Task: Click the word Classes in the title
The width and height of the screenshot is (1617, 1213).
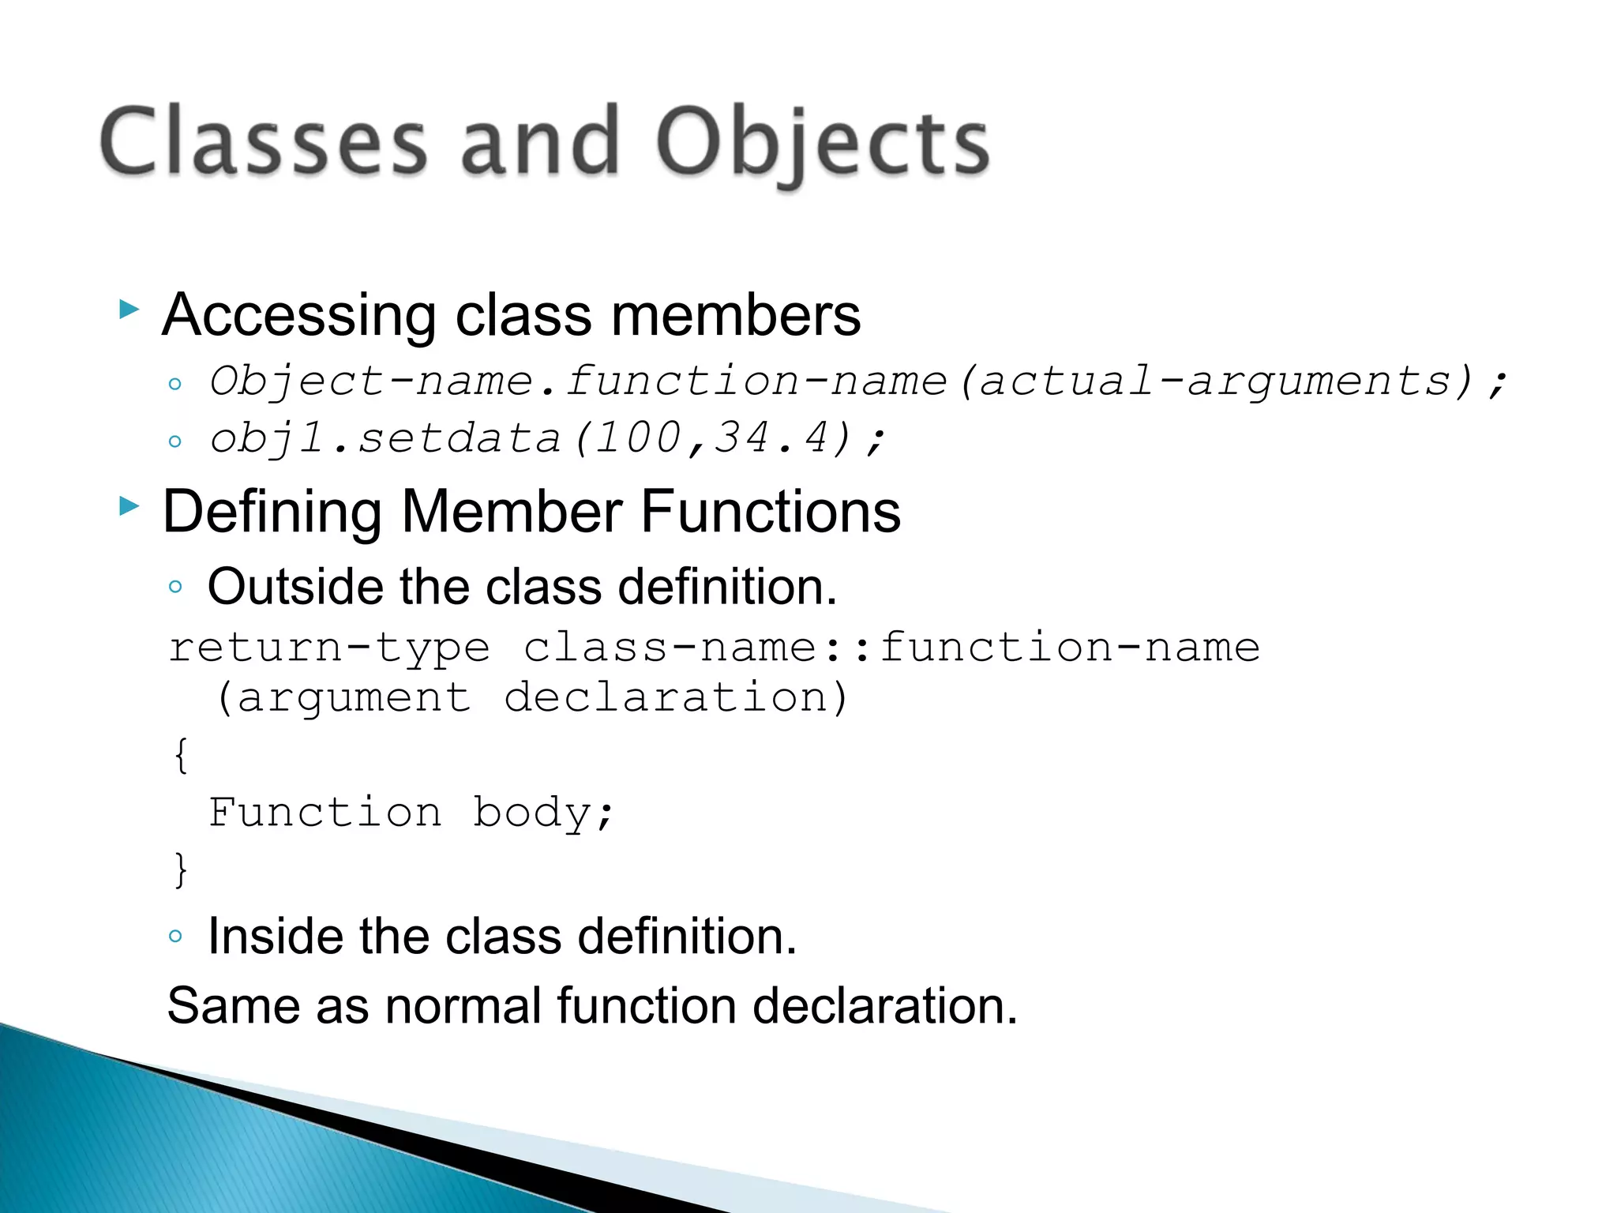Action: pos(264,142)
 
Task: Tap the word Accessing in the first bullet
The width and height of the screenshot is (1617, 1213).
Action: pos(298,315)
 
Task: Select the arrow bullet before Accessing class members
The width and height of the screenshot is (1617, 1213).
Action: pos(129,309)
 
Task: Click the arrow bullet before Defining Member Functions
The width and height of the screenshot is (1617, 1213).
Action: pos(129,505)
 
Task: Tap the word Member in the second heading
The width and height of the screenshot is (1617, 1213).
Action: pos(512,512)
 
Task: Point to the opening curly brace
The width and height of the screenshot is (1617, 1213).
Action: pos(181,755)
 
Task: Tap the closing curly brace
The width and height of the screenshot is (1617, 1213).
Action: pos(181,869)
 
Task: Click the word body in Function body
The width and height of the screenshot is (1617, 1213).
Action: pos(532,813)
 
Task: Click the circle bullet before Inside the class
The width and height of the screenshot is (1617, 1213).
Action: pos(175,937)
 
